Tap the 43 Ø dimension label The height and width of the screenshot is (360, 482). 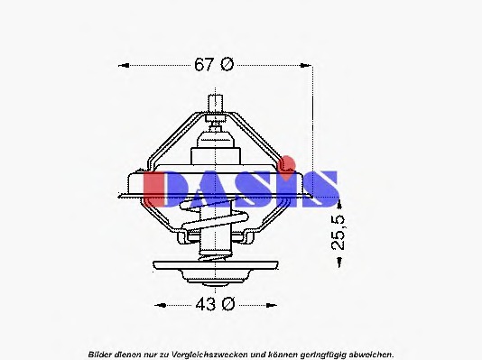click(215, 303)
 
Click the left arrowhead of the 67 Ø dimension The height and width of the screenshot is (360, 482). click(125, 65)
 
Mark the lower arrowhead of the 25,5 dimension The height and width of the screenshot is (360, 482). click(338, 262)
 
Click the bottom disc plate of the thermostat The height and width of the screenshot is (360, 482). click(215, 267)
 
